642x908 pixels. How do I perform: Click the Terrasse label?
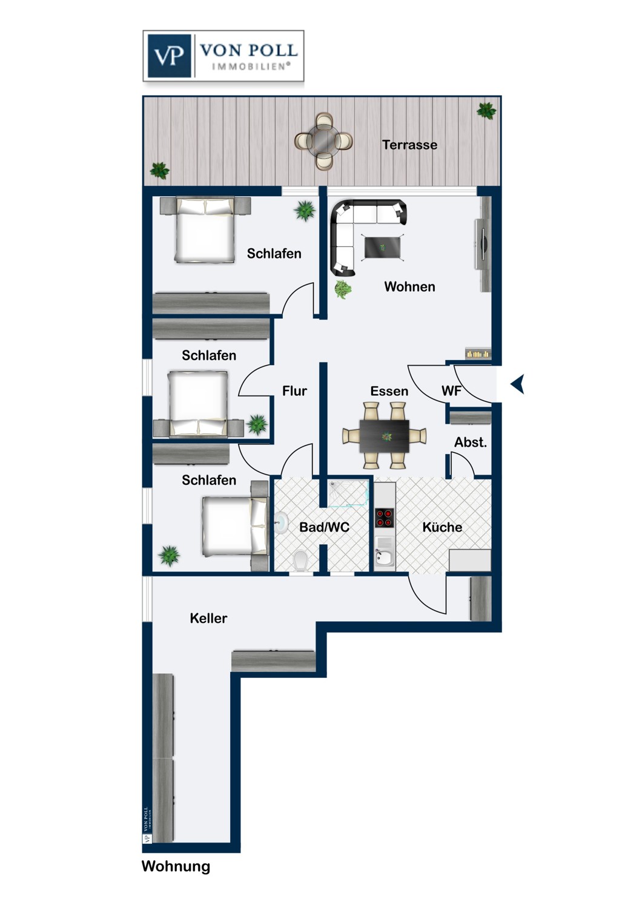click(409, 145)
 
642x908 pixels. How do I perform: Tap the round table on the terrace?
click(323, 141)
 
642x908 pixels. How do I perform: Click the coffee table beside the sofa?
click(383, 247)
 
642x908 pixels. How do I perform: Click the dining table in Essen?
click(384, 436)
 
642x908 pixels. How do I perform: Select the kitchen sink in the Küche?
click(384, 551)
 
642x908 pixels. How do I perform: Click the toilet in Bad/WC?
click(300, 560)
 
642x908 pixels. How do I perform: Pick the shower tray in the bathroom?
click(348, 493)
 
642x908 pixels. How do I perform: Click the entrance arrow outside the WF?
click(517, 384)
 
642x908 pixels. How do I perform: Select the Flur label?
click(294, 391)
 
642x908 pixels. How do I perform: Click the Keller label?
click(208, 618)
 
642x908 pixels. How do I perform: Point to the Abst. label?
click(471, 442)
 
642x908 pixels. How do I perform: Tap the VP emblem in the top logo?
click(169, 56)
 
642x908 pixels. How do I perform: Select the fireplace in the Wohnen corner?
click(478, 354)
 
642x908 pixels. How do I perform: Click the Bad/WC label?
click(324, 527)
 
